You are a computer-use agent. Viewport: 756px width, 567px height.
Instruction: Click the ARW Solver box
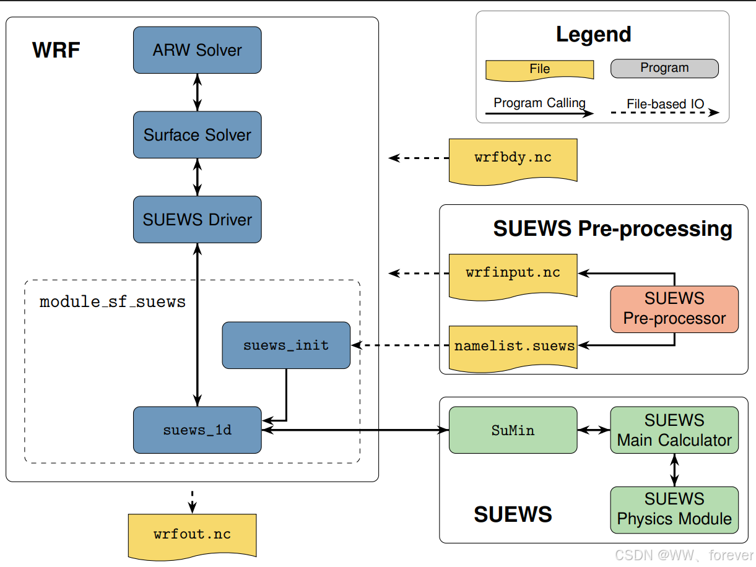coord(197,50)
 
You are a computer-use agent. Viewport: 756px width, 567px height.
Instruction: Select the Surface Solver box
coord(197,134)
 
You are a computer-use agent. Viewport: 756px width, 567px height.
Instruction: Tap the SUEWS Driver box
coord(197,219)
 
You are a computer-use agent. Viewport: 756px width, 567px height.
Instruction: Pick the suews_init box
coord(285,345)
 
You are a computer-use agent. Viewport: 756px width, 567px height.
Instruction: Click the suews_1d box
coord(197,430)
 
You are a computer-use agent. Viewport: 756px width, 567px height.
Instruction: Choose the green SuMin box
coord(513,430)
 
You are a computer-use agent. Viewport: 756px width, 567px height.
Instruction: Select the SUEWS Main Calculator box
coord(674,430)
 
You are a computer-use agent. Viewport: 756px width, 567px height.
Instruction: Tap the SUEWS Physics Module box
coord(674,509)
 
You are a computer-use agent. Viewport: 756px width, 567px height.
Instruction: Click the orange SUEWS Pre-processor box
coord(674,308)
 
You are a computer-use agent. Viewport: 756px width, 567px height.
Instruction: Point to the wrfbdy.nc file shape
coord(513,158)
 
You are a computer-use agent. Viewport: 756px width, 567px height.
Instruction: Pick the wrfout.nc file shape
coord(192,534)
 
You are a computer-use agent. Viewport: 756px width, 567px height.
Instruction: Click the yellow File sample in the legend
coord(539,69)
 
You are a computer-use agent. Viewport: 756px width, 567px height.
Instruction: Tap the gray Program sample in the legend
coord(664,68)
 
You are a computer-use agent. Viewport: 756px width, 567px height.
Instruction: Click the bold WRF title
coord(56,50)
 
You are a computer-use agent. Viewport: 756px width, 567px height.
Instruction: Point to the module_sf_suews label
coord(113,302)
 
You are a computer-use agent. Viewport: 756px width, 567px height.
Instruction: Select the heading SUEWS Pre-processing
coord(612,229)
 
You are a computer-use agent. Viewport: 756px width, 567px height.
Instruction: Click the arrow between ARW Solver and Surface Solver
coord(197,92)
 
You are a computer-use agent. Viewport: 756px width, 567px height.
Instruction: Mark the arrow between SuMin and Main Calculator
coord(593,430)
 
